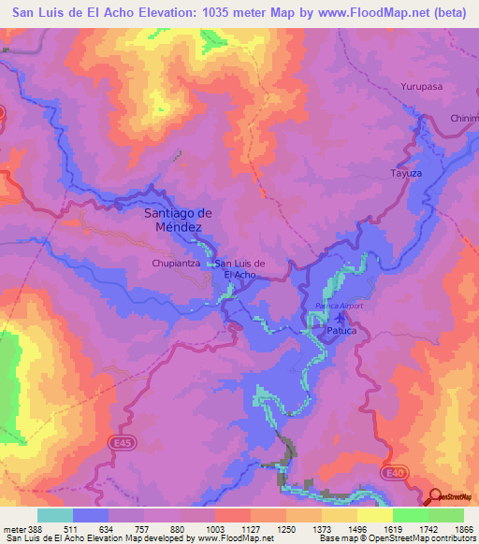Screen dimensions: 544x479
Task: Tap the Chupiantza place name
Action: [x=176, y=265]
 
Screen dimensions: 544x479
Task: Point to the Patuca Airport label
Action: [x=338, y=306]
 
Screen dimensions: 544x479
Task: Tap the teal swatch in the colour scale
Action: [x=55, y=515]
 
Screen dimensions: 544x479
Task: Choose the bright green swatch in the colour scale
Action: [x=411, y=515]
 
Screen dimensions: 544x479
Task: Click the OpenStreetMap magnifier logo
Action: [x=437, y=496]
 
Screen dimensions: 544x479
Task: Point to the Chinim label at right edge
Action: [x=464, y=119]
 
